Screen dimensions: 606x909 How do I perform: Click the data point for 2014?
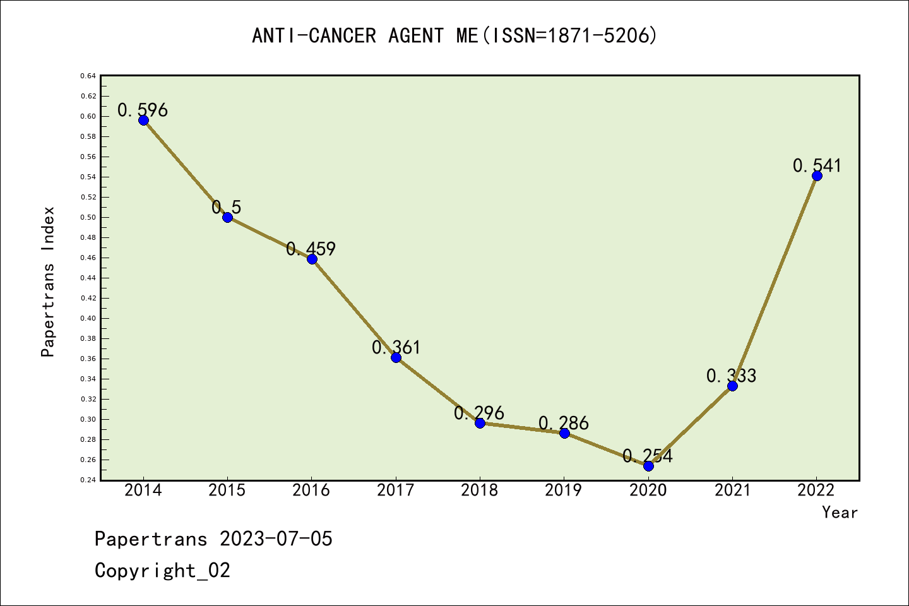tap(143, 120)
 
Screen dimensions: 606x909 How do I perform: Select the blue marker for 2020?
tap(648, 466)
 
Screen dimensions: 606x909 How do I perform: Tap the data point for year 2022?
tap(817, 175)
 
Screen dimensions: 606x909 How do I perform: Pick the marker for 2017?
tap(396, 357)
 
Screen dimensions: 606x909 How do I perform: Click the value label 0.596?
tap(143, 110)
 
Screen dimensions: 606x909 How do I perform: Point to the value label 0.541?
tap(817, 165)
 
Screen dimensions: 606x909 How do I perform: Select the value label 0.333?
tap(731, 376)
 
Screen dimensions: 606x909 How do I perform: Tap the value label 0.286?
tap(564, 423)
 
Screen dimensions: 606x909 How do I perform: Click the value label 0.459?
tap(311, 249)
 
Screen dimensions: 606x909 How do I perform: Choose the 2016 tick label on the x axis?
tap(311, 490)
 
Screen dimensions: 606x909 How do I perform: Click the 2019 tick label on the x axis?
tap(564, 490)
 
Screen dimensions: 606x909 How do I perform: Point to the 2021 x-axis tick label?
tap(732, 490)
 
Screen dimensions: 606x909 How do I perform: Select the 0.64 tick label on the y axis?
tap(88, 76)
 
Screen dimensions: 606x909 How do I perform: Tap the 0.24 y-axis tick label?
tap(88, 480)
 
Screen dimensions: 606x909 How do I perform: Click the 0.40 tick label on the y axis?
tap(88, 318)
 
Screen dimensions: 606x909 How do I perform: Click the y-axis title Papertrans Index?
tap(49, 282)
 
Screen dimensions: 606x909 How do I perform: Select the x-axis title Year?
tap(840, 513)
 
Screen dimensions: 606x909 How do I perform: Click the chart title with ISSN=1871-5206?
tap(454, 36)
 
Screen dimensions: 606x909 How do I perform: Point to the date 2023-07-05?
tap(276, 539)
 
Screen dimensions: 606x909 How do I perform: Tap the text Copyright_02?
tap(162, 571)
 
